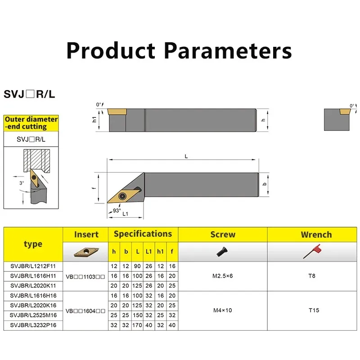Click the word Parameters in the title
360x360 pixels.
(x=228, y=51)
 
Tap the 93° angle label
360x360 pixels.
(x=117, y=211)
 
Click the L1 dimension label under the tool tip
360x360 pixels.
(x=126, y=214)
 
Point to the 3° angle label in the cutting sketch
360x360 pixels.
(x=22, y=183)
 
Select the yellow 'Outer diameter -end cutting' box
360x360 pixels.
(x=31, y=123)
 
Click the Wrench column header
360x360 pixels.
(x=316, y=234)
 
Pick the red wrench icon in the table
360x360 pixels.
(x=312, y=251)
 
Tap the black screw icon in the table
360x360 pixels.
(x=222, y=252)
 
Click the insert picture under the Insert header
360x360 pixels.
(x=86, y=252)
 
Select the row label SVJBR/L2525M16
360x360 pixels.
(x=33, y=315)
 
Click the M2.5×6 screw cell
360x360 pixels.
(x=222, y=276)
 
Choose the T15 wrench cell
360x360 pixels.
(x=314, y=310)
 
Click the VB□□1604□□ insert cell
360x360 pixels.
(x=85, y=311)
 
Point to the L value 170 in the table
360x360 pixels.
(x=137, y=325)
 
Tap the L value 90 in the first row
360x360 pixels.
(x=137, y=266)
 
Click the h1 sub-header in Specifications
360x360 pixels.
(x=160, y=252)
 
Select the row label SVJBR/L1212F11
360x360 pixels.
(x=33, y=266)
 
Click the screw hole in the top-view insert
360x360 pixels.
(x=122, y=196)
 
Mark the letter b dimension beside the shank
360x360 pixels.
(x=265, y=184)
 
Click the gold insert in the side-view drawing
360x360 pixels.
(x=117, y=112)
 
